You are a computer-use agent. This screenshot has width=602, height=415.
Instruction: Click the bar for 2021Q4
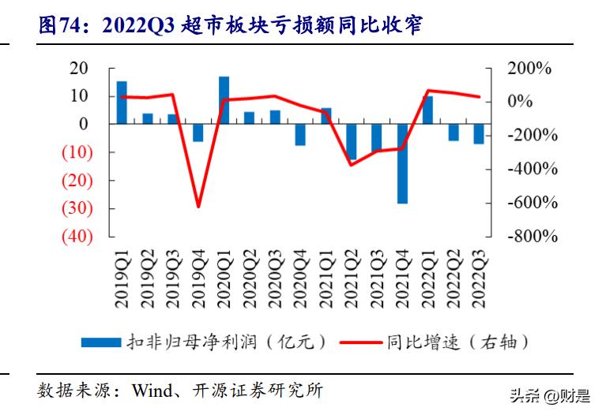(402, 163)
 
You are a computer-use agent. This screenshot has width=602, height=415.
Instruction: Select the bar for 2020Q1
(224, 100)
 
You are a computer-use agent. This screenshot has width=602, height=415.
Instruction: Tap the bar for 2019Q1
(122, 103)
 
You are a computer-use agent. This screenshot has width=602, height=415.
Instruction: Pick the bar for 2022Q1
(427, 110)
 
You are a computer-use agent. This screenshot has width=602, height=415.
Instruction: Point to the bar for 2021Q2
(352, 142)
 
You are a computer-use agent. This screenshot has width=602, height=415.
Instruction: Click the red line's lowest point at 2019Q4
(198, 207)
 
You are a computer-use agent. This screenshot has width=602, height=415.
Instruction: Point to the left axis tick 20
(78, 68)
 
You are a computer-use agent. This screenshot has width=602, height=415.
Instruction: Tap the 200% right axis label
(529, 69)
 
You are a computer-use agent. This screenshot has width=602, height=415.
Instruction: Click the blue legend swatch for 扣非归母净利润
(100, 342)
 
